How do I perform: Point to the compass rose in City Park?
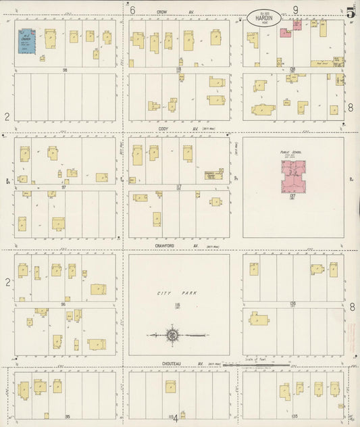(x=172, y=334)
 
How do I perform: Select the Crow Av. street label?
(x=161, y=11)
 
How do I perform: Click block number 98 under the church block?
(x=66, y=70)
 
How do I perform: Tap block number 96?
(x=63, y=304)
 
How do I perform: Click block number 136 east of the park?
(x=293, y=304)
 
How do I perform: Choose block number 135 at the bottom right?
(x=294, y=416)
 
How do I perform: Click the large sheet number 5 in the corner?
(x=349, y=12)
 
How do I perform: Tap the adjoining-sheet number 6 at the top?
(x=133, y=10)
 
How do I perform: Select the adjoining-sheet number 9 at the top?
(x=296, y=9)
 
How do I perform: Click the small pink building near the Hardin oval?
(x=286, y=32)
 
